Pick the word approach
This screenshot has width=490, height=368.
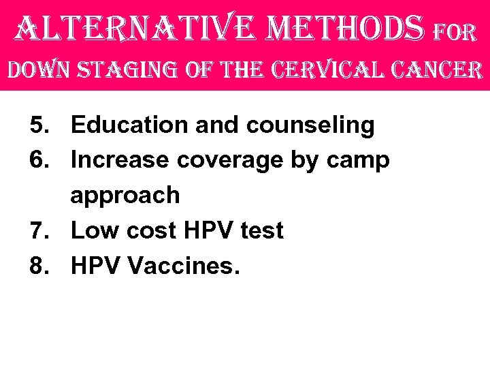[125, 196]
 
